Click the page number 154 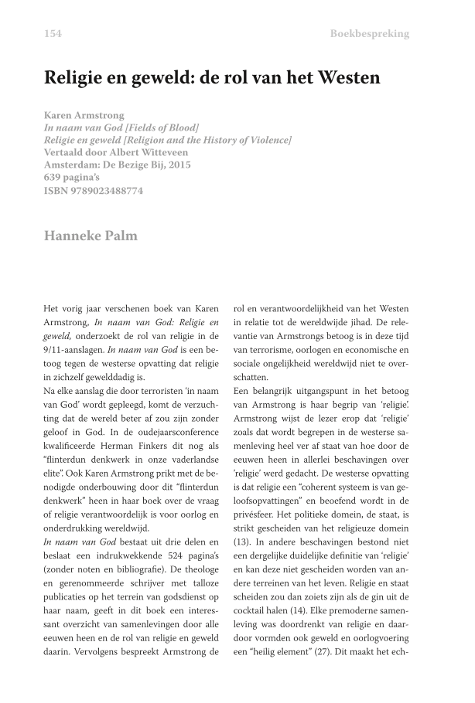[x=53, y=33]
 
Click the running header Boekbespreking [x=370, y=33]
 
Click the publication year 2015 [x=179, y=165]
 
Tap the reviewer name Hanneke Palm [x=91, y=236]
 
